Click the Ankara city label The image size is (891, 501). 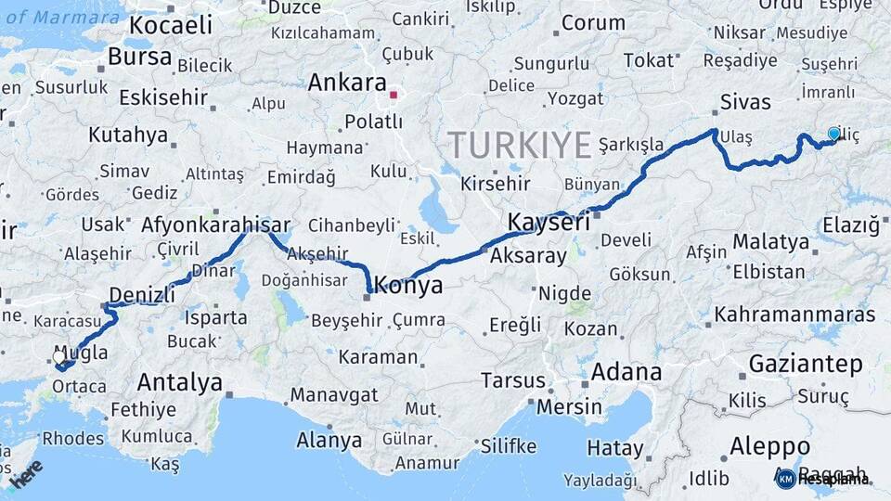point(346,83)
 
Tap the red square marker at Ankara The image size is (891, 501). point(394,95)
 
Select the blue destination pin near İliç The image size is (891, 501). point(833,135)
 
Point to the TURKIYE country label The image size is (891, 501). point(520,146)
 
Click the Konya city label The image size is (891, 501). point(409,286)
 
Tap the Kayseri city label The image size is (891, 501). point(549,223)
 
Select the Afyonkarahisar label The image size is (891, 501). point(215,225)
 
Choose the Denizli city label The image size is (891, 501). point(141,296)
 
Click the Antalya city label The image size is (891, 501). point(180,382)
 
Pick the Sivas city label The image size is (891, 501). point(746,101)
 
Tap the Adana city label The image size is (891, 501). point(626,373)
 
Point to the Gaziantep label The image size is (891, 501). point(806,364)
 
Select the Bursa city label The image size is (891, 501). point(139,57)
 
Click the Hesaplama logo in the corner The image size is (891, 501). point(823,479)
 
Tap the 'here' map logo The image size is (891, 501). point(27,473)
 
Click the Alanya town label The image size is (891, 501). point(329,440)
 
